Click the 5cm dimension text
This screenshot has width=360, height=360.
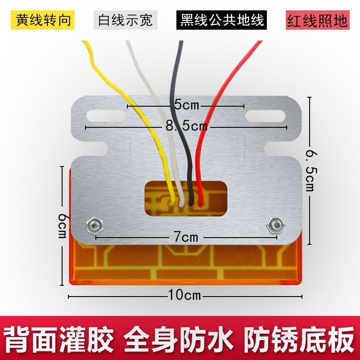(x=186, y=106)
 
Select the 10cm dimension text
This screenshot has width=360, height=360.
(x=184, y=296)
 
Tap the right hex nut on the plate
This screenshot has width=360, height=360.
(x=274, y=225)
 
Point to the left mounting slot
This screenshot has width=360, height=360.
(x=107, y=115)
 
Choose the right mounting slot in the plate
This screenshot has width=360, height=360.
(x=265, y=115)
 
